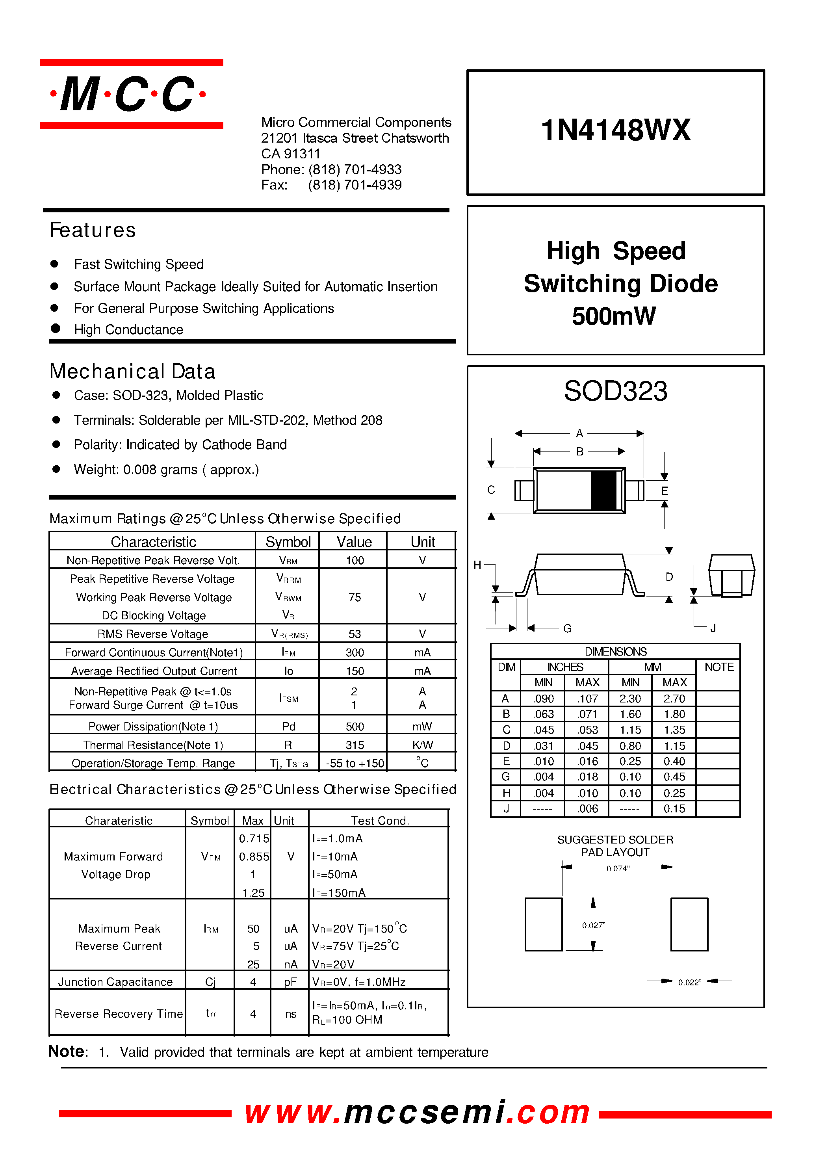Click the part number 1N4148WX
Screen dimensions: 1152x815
click(x=615, y=130)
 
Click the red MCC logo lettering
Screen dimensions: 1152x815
click(x=128, y=94)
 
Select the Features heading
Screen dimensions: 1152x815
click(x=93, y=230)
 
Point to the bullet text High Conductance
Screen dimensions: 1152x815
click(x=128, y=330)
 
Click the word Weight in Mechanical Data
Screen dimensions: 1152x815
click(x=95, y=470)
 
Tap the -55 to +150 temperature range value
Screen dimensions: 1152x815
click(x=355, y=764)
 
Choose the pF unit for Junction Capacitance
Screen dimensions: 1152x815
click(x=290, y=982)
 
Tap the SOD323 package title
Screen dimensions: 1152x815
click(x=615, y=391)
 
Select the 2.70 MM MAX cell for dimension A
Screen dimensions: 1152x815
click(x=674, y=699)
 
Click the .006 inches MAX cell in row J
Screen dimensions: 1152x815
click(x=587, y=809)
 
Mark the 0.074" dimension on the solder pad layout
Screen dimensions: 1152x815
click(x=617, y=868)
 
